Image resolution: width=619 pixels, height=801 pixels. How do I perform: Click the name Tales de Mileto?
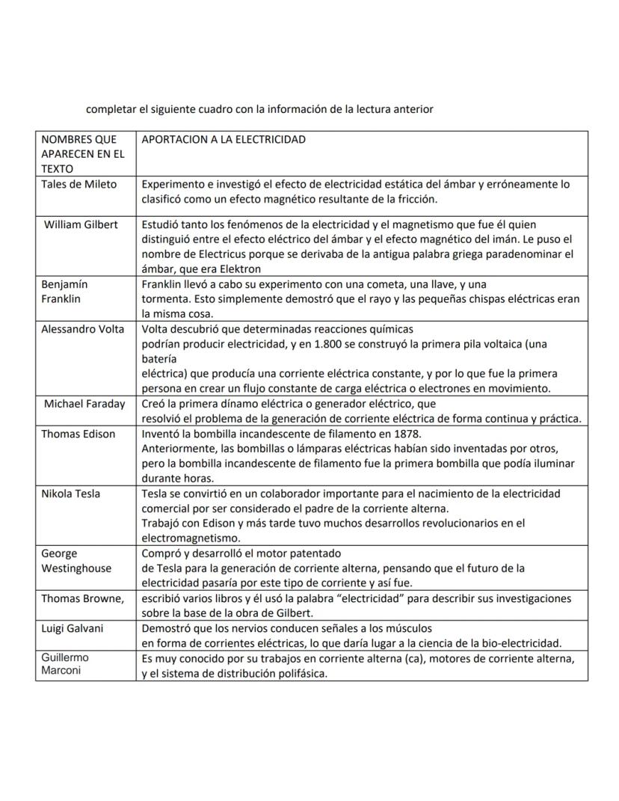pyautogui.click(x=78, y=185)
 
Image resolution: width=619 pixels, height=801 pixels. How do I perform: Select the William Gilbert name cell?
pyautogui.click(x=81, y=225)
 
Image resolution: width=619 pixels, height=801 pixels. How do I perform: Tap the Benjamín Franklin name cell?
pyautogui.click(x=64, y=292)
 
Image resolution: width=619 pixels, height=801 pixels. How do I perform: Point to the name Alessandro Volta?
pyautogui.click(x=82, y=329)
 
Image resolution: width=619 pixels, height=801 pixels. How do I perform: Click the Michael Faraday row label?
pyautogui.click(x=84, y=404)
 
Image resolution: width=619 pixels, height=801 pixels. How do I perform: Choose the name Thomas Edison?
pyautogui.click(x=78, y=434)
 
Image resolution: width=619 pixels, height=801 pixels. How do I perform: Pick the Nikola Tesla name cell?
pyautogui.click(x=70, y=494)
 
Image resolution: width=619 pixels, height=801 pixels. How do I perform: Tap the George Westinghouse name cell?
pyautogui.click(x=76, y=561)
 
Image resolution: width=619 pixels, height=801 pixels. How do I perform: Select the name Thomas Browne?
pyautogui.click(x=82, y=598)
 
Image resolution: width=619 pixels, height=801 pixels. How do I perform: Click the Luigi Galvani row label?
pyautogui.click(x=73, y=628)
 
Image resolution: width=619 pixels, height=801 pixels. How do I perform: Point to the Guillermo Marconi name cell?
pyautogui.click(x=64, y=664)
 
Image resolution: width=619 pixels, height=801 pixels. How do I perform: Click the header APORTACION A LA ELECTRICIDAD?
pyautogui.click(x=224, y=140)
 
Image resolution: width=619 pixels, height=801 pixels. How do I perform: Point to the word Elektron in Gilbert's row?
pyautogui.click(x=238, y=268)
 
